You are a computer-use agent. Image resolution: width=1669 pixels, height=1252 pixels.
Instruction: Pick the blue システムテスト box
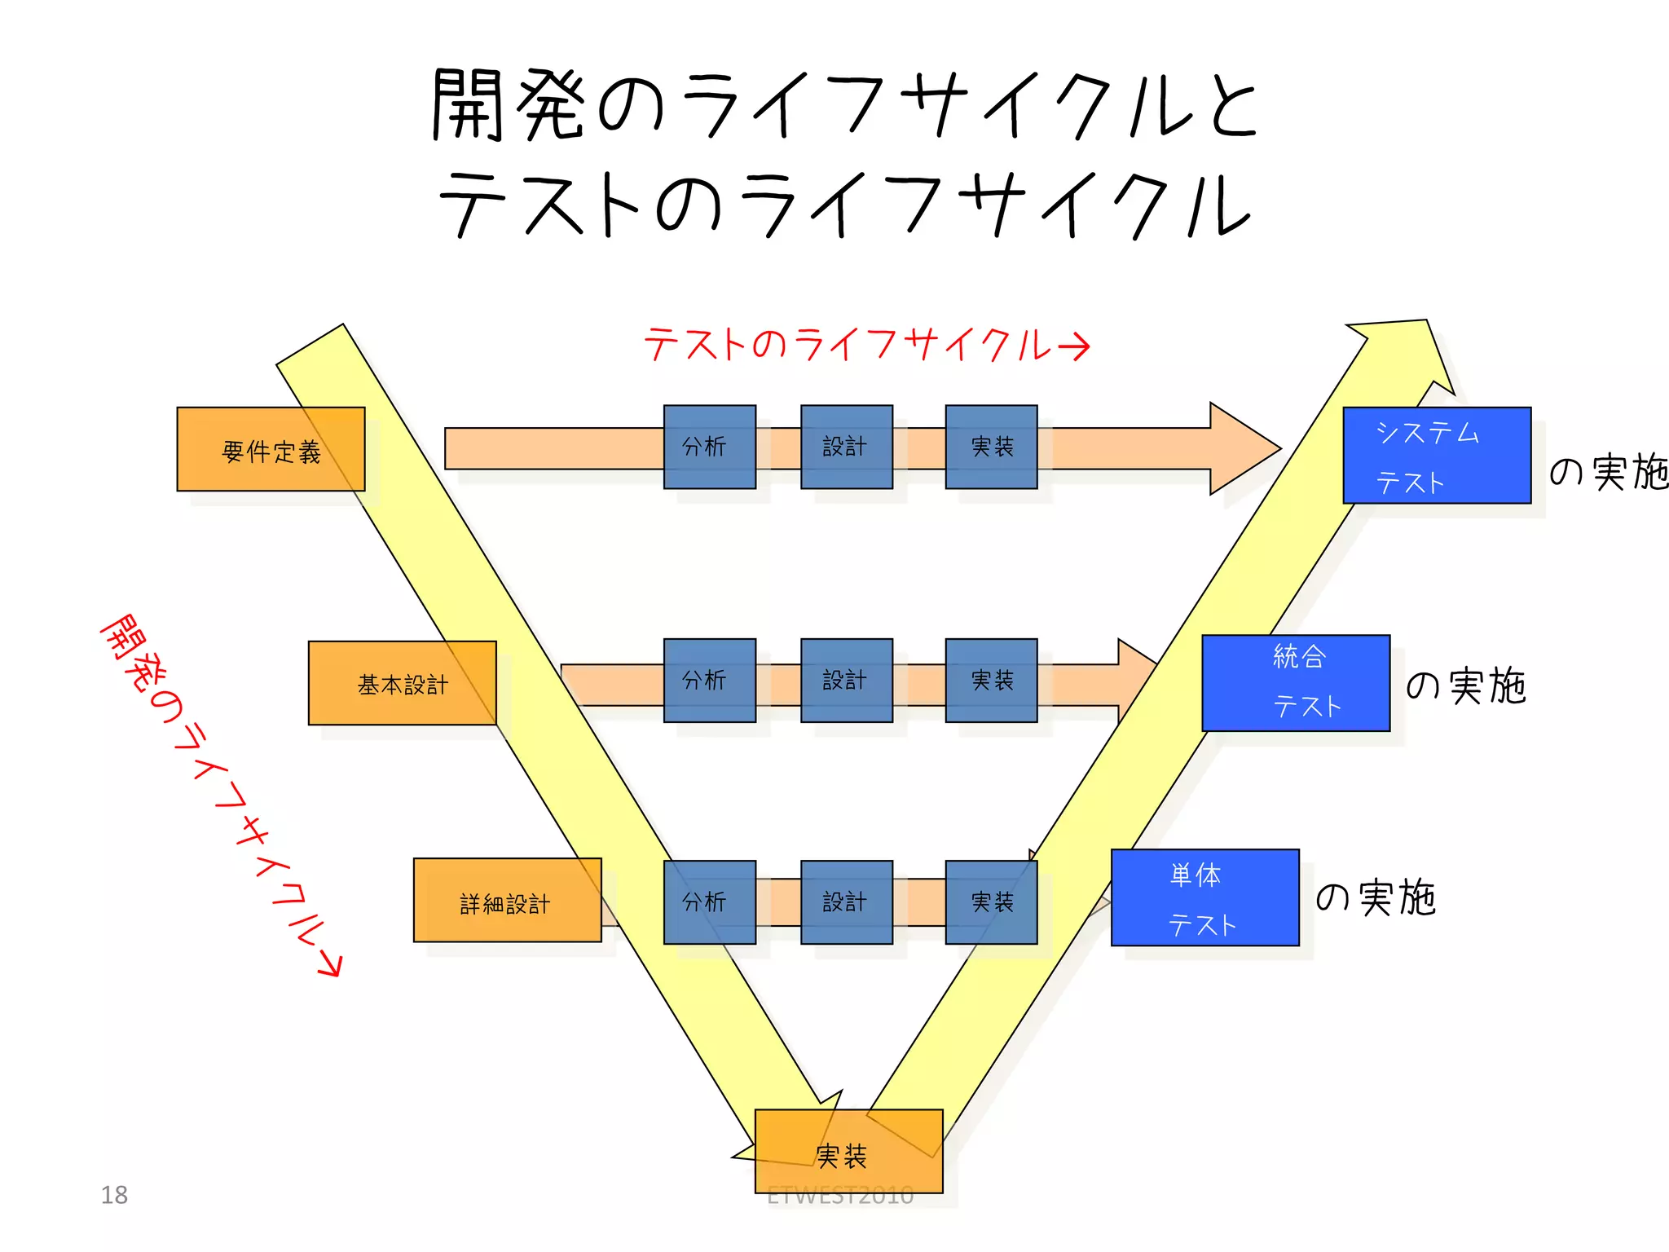[x=1437, y=456]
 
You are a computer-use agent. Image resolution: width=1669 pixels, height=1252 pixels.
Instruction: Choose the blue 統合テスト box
[x=1296, y=683]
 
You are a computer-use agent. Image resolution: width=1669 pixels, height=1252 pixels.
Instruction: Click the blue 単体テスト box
[x=1204, y=897]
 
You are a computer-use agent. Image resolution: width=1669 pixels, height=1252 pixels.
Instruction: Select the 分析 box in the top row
[x=709, y=447]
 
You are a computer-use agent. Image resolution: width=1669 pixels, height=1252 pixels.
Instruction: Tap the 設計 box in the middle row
[x=846, y=681]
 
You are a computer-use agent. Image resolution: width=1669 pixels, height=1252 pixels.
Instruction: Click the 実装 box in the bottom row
[x=991, y=902]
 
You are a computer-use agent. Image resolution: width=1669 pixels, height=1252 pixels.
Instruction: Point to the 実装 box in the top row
[x=991, y=447]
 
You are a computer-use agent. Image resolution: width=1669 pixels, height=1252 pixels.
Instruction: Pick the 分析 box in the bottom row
[x=709, y=902]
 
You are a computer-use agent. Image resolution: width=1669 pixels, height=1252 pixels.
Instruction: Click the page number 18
[x=114, y=1195]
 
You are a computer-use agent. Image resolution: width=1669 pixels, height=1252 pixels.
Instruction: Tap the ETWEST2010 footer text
[x=840, y=1196]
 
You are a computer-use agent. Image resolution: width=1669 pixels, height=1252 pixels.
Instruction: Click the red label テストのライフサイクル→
[x=865, y=345]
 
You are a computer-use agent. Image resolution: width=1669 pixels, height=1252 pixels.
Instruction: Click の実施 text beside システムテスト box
[x=1608, y=472]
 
